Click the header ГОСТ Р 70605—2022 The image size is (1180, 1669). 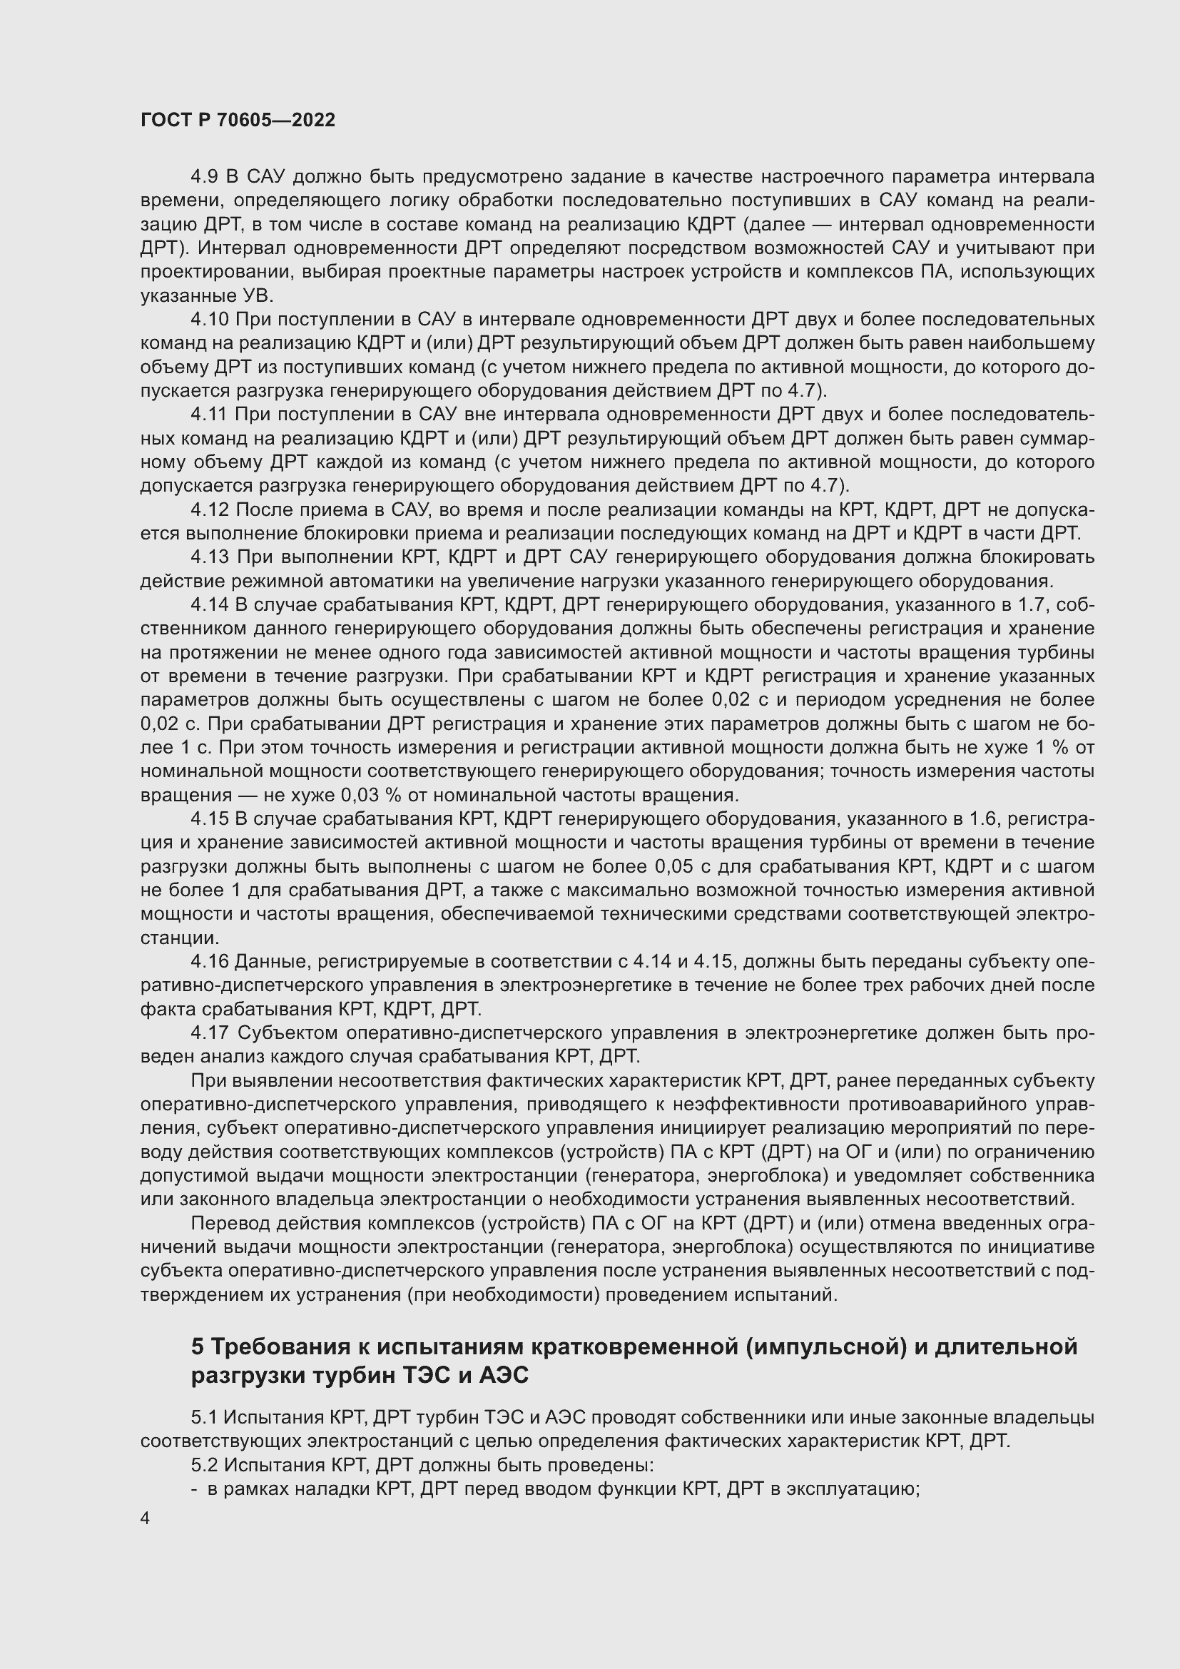point(238,121)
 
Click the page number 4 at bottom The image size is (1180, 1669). point(146,1518)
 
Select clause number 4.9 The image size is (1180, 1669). point(205,177)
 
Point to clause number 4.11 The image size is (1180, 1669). point(210,415)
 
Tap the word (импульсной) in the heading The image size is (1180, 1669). point(825,1347)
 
